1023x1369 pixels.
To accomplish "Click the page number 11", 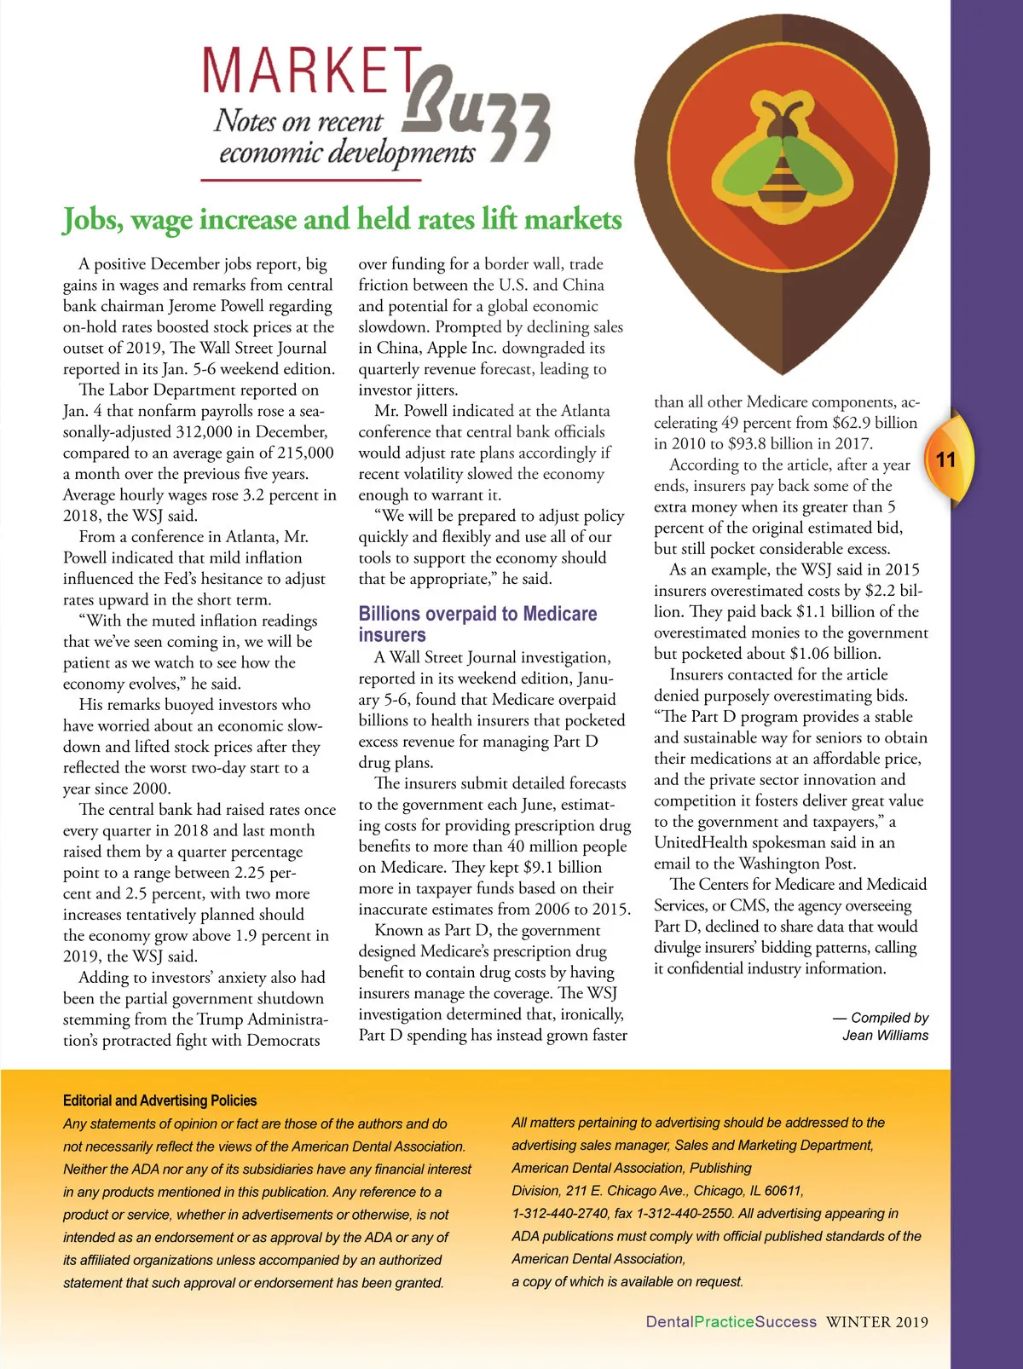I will (x=945, y=460).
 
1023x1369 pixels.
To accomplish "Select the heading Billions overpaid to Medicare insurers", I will (x=477, y=624).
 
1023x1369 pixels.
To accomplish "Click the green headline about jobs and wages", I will (x=342, y=220).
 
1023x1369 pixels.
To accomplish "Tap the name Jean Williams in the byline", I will (x=885, y=1036).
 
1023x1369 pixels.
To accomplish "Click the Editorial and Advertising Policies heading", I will (x=159, y=1100).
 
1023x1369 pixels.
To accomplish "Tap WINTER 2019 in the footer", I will (x=877, y=1322).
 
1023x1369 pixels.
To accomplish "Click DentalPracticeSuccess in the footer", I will (x=731, y=1322).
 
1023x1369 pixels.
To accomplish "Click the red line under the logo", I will (x=311, y=180).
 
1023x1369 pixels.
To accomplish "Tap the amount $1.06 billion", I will (x=839, y=654).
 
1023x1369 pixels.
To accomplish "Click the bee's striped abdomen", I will (x=781, y=183).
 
